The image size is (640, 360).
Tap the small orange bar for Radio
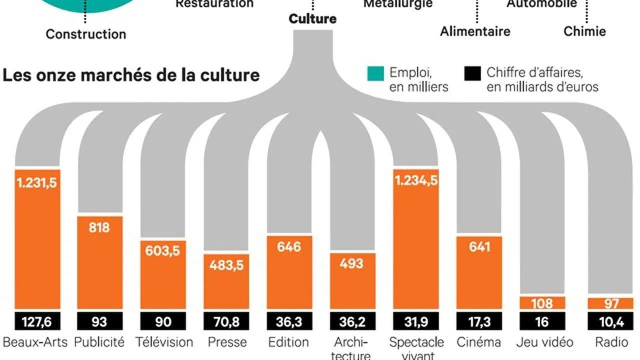[611, 303]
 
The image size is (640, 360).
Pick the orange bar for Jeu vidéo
[542, 302]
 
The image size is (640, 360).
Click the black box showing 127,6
[36, 321]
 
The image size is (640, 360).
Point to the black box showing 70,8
[226, 321]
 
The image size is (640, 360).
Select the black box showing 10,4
[611, 321]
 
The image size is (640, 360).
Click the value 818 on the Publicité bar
[99, 227]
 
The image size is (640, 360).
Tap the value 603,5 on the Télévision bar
[163, 251]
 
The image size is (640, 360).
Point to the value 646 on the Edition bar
[289, 246]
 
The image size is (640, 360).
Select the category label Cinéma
[478, 342]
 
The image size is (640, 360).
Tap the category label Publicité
[99, 342]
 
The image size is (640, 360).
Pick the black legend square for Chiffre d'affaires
[471, 73]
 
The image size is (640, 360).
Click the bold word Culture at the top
[312, 19]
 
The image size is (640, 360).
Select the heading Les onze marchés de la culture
[131, 75]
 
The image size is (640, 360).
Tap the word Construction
[86, 34]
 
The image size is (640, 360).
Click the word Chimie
[585, 31]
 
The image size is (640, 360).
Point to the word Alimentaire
[475, 31]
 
